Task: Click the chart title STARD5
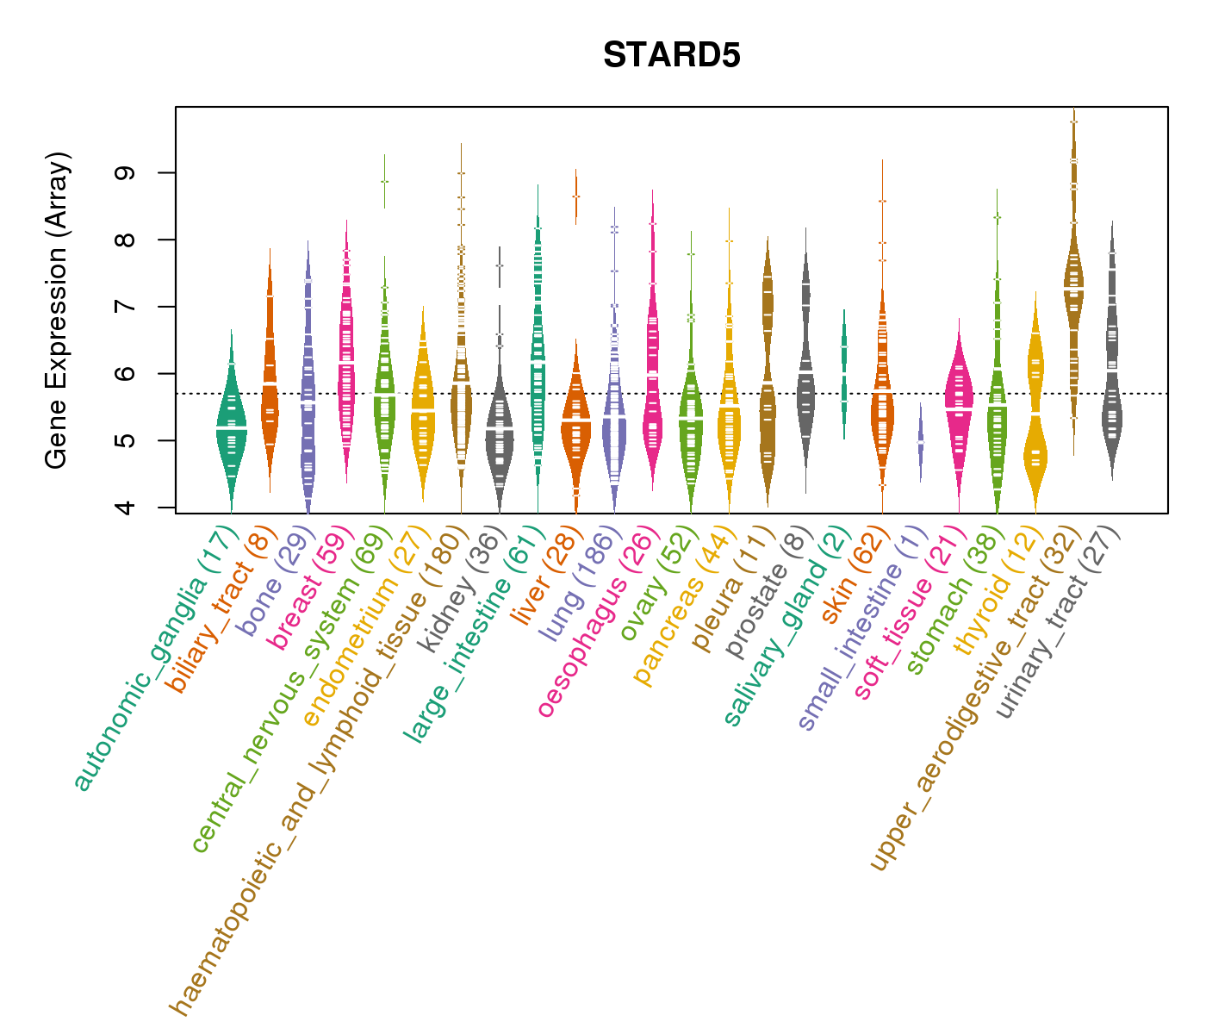click(x=671, y=56)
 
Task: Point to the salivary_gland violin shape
click(x=844, y=371)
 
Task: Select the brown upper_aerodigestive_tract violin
click(x=1073, y=284)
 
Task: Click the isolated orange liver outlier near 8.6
click(x=575, y=196)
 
